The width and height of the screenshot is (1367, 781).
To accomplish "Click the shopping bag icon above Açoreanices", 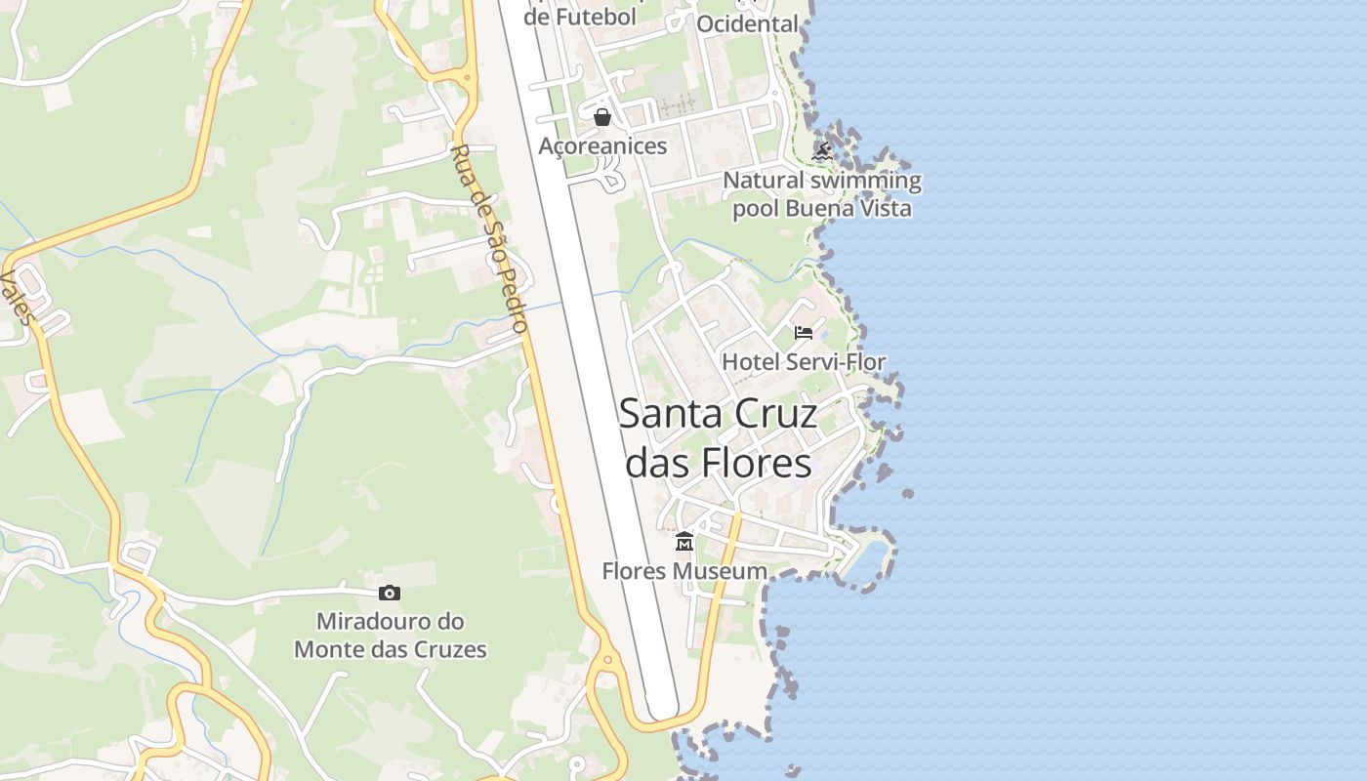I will pyautogui.click(x=602, y=117).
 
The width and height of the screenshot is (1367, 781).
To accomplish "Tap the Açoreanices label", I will pyautogui.click(x=602, y=146).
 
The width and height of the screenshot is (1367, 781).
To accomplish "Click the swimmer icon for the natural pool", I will pyautogui.click(x=822, y=151).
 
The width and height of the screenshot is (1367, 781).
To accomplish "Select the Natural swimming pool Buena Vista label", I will pyautogui.click(x=822, y=194).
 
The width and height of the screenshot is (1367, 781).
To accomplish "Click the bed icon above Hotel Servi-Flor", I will pyautogui.click(x=804, y=333).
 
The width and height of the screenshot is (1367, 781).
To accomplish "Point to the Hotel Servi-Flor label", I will pyautogui.click(x=804, y=362).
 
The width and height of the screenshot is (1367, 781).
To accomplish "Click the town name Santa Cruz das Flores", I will pyautogui.click(x=719, y=438).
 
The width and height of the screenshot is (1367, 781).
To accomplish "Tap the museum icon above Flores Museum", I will pyautogui.click(x=684, y=541).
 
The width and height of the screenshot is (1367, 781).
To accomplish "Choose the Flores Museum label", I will pyautogui.click(x=684, y=571).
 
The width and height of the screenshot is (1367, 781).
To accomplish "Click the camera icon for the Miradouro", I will pyautogui.click(x=390, y=593).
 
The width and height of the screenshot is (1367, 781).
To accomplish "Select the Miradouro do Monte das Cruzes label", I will pyautogui.click(x=390, y=636).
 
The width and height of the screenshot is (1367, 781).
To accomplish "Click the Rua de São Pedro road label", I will pyautogui.click(x=491, y=238).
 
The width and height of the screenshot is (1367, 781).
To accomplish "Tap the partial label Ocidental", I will pyautogui.click(x=747, y=23).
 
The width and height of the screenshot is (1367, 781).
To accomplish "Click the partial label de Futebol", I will pyautogui.click(x=580, y=16).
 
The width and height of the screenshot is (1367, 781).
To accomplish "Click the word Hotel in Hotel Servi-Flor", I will pyautogui.click(x=751, y=362).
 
